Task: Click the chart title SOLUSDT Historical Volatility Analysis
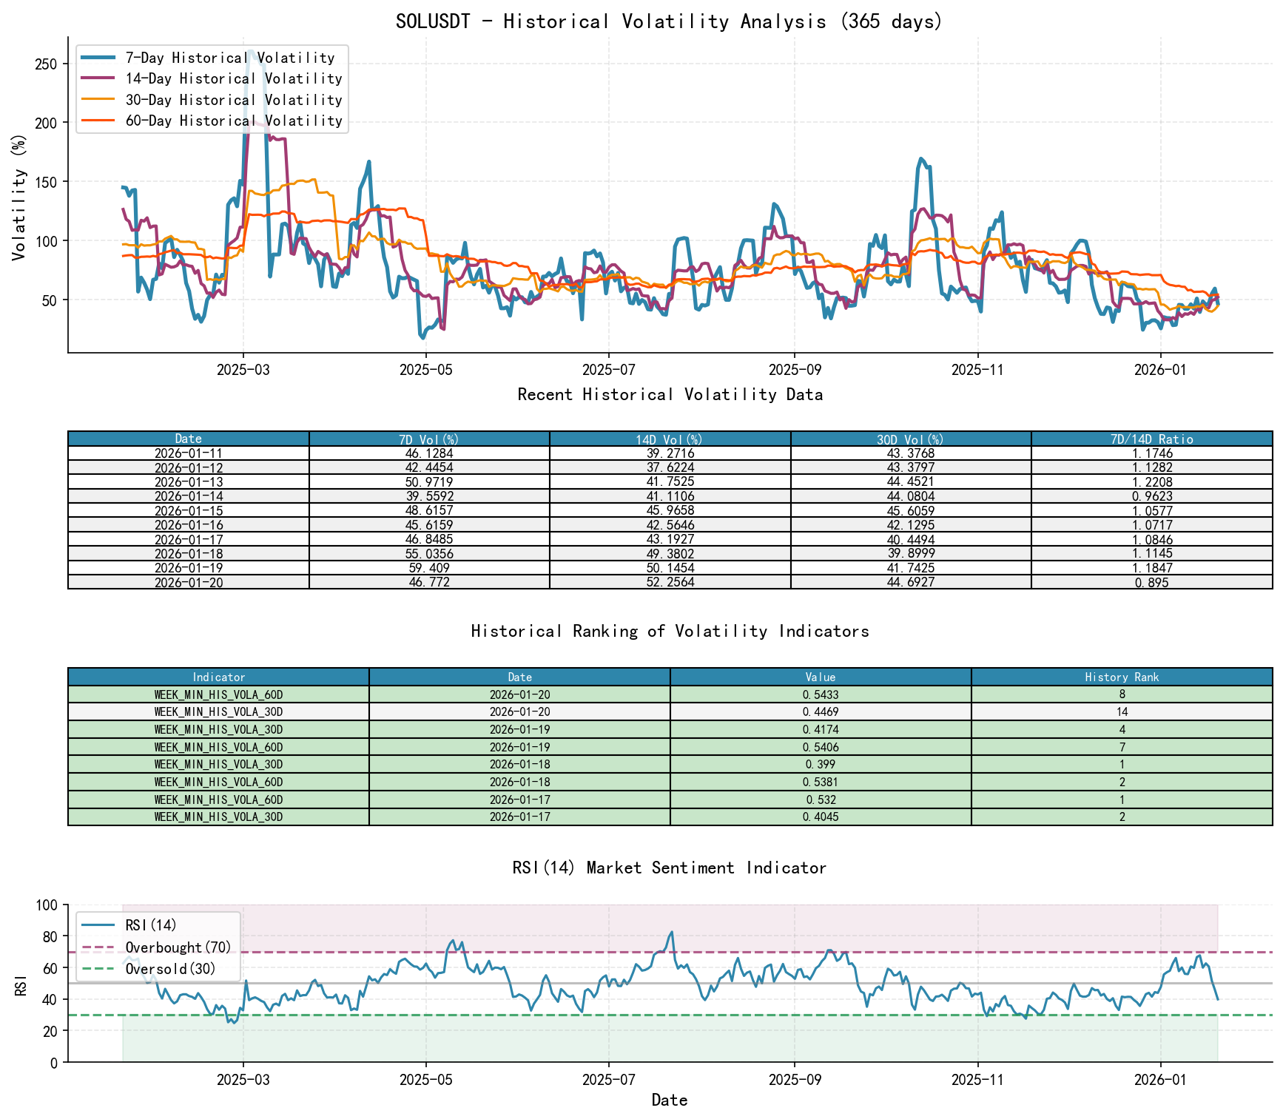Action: (669, 21)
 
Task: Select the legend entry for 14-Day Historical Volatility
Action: (233, 78)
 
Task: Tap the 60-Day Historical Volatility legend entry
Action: (233, 121)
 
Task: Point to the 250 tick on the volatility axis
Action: (46, 64)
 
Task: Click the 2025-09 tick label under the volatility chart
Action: (794, 370)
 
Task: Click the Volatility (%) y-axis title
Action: (19, 197)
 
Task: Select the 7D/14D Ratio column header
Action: (1151, 439)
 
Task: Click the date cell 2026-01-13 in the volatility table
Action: (189, 482)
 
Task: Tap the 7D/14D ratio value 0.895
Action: (1151, 583)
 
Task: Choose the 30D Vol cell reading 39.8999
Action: (910, 554)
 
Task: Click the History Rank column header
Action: (1122, 677)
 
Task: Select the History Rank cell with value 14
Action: (1122, 712)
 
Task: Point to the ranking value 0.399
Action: (820, 765)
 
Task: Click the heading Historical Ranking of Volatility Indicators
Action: (670, 631)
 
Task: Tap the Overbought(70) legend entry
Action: (178, 947)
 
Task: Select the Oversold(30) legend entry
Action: (170, 969)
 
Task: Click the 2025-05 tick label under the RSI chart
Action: (425, 1080)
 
